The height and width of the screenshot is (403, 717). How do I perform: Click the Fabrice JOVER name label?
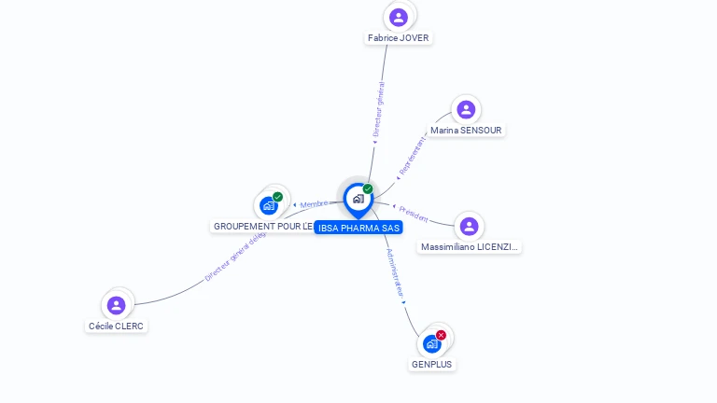click(x=399, y=38)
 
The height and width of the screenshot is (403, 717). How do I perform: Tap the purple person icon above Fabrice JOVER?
click(x=399, y=17)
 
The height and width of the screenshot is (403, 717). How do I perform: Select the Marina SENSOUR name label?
click(x=466, y=131)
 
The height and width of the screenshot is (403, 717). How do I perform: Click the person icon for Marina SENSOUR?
click(x=466, y=109)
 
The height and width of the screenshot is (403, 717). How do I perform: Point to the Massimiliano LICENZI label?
click(x=470, y=247)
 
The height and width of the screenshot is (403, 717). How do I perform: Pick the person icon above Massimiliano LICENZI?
click(x=470, y=226)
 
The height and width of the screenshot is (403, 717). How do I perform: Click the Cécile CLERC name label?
click(x=117, y=327)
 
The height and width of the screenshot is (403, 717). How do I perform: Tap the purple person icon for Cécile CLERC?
click(x=117, y=305)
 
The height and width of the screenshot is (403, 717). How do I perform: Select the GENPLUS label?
click(x=432, y=365)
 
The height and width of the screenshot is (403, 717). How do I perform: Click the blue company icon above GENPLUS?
click(x=431, y=344)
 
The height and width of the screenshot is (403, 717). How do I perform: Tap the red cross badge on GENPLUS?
click(x=441, y=335)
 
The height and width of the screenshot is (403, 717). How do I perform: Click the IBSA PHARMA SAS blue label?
click(x=358, y=228)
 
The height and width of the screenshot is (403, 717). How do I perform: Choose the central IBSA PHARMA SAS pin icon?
click(x=358, y=199)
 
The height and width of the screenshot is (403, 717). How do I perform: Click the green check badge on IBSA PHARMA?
click(x=368, y=189)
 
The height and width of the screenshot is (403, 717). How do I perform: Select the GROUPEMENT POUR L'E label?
click(x=262, y=227)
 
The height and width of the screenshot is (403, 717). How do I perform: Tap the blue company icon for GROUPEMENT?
click(x=269, y=205)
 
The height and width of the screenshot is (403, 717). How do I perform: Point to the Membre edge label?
click(x=314, y=204)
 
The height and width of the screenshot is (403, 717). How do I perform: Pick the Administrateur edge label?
click(x=395, y=274)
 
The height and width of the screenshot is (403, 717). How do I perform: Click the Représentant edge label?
click(x=411, y=155)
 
